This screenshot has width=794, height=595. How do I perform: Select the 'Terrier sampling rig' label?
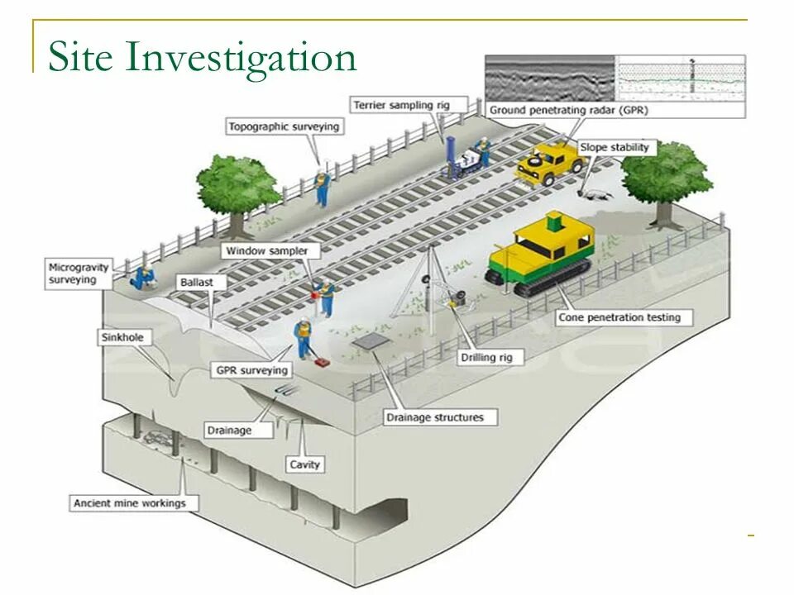[x=395, y=105]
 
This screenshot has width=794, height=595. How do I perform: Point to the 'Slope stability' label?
[x=614, y=148]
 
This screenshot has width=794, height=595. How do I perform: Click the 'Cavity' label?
[x=304, y=464]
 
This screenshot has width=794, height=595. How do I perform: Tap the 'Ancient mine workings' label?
[x=130, y=502]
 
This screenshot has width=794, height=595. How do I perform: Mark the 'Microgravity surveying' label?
[x=73, y=274]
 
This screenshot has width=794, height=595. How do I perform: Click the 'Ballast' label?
[x=196, y=283]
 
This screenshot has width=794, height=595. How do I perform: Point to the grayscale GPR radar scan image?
[x=549, y=78]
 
